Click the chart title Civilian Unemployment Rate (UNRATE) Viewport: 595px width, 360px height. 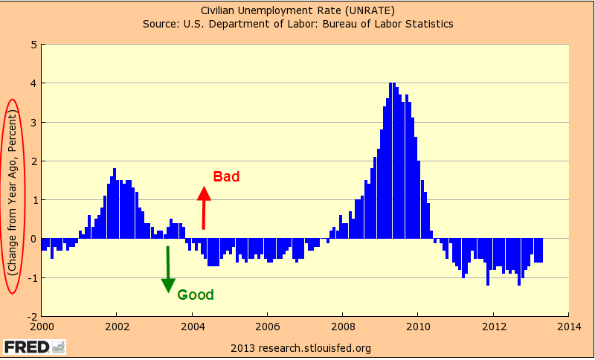click(x=297, y=10)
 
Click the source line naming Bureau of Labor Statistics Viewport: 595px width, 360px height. click(x=297, y=24)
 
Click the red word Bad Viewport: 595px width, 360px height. click(x=226, y=177)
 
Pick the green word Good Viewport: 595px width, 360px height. click(x=195, y=295)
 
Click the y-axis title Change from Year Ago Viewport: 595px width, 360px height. click(x=13, y=195)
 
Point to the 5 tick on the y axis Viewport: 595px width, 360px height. click(x=33, y=45)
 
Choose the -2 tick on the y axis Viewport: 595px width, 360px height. click(x=31, y=316)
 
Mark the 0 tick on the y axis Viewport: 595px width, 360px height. click(x=33, y=239)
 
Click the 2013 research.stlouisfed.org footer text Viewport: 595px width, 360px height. click(x=300, y=347)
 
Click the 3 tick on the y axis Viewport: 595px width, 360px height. click(x=33, y=122)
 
